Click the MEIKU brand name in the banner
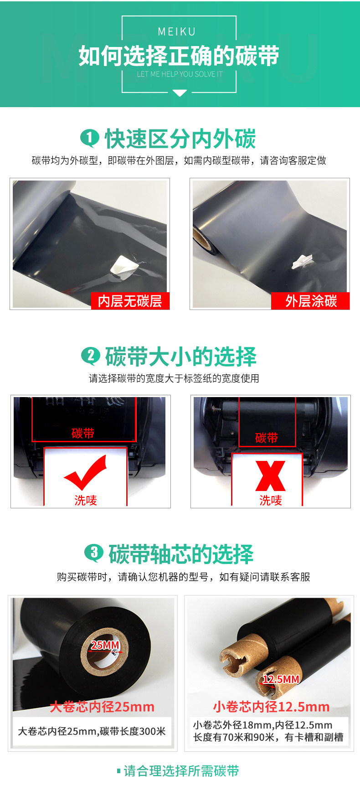[176, 31]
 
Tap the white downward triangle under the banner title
[180, 93]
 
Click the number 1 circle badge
[89, 138]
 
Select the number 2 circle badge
[90, 356]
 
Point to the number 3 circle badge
[94, 553]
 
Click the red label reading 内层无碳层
[130, 301]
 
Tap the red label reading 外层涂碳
[311, 301]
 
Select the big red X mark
[270, 476]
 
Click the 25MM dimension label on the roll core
[105, 645]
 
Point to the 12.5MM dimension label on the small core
[281, 679]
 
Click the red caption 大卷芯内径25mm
[102, 707]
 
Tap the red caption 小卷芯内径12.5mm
[271, 707]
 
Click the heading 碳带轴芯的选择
[181, 554]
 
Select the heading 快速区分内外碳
[180, 139]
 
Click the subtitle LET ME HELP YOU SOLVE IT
[180, 74]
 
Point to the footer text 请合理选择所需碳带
[181, 771]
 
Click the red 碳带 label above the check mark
[83, 433]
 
